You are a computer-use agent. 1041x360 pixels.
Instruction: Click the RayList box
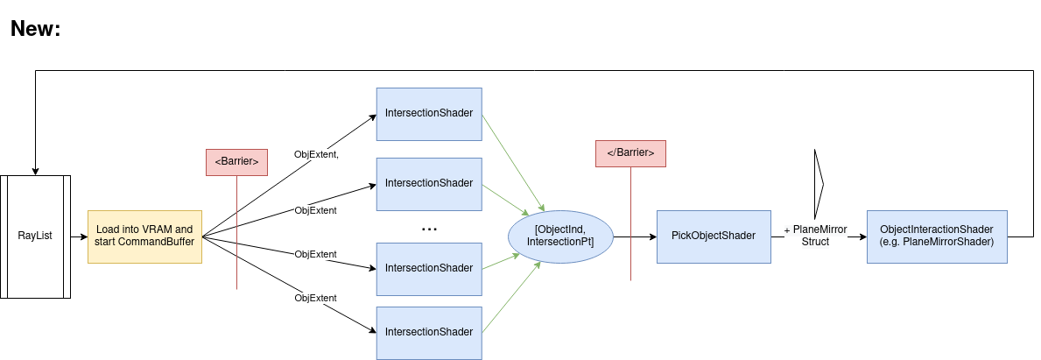coord(35,236)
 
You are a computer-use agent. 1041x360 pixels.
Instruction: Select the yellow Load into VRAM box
coord(144,236)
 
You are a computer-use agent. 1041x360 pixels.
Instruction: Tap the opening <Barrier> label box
coord(236,162)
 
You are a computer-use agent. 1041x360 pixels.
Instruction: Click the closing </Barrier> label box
coord(630,153)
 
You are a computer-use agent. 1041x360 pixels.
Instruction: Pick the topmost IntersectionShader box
coord(429,114)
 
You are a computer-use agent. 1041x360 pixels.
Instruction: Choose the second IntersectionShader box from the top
coord(429,184)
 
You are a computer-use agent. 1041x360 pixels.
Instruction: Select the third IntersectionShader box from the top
coord(429,269)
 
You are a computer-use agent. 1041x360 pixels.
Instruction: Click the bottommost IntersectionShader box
coord(429,333)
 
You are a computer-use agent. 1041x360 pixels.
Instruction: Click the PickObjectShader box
coord(714,236)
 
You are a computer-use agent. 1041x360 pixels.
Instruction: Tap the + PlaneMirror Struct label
coord(815,236)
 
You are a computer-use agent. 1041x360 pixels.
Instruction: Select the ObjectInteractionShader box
coord(937,236)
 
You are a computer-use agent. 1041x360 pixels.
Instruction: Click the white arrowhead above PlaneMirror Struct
coord(819,185)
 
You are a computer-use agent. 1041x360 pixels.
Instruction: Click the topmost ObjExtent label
coord(316,155)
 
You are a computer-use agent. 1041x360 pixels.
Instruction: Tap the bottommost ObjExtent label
coord(315,299)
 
